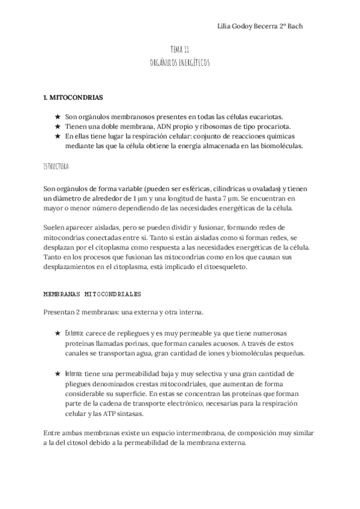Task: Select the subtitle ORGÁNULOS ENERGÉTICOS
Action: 179,62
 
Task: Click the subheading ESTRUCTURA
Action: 56,165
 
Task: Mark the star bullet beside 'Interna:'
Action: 57,373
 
